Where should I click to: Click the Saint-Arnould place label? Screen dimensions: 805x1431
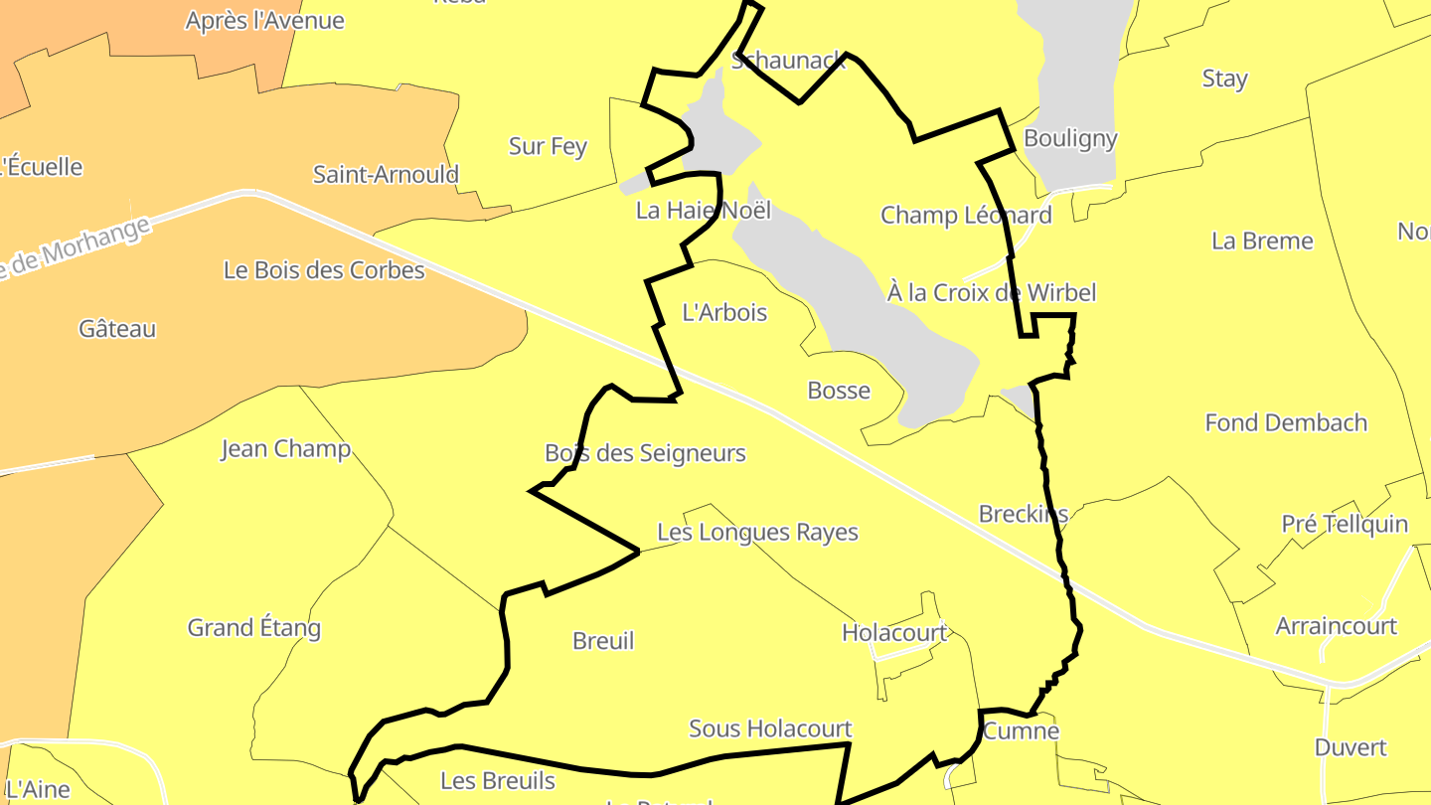click(386, 175)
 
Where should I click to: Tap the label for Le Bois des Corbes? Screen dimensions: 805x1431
click(324, 270)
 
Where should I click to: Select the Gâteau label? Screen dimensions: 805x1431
click(117, 329)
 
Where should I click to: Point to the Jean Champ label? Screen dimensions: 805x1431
click(285, 449)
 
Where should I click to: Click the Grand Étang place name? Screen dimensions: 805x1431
click(254, 628)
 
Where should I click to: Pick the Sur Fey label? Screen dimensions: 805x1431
click(548, 147)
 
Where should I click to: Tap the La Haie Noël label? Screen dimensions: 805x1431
click(704, 211)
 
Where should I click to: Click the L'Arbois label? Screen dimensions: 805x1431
click(724, 313)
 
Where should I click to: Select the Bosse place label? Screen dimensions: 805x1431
click(839, 392)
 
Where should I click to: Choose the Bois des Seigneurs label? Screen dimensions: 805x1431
click(645, 454)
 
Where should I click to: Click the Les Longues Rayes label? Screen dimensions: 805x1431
click(758, 533)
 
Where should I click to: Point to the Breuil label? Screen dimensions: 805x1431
click(603, 642)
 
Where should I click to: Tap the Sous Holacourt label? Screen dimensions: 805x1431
click(770, 729)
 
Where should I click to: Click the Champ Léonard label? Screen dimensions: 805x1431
click(966, 216)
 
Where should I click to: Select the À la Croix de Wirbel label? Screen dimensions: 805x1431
click(991, 293)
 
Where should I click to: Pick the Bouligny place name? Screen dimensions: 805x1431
click(1070, 139)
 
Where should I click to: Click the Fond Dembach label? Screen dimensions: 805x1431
click(1286, 423)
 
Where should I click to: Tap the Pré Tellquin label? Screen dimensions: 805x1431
click(1345, 525)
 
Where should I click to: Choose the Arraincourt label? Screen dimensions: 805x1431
click(1337, 627)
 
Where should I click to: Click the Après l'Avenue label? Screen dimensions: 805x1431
click(264, 21)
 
